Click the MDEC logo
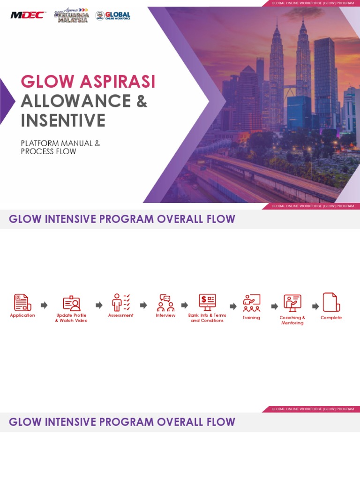(x=28, y=15)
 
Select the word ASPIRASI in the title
(x=117, y=82)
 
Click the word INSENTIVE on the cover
(x=63, y=120)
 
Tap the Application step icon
(x=22, y=302)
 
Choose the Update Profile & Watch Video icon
(x=71, y=303)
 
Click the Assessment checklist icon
(x=121, y=302)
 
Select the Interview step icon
(x=165, y=303)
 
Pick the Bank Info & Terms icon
(x=207, y=302)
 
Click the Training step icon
(x=251, y=303)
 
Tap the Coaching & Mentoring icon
(x=292, y=303)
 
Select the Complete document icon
(x=331, y=302)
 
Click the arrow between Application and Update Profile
(x=44, y=305)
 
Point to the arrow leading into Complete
(x=315, y=306)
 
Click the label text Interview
(x=165, y=315)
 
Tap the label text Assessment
(x=121, y=315)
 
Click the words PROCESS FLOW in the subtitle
(x=48, y=152)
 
